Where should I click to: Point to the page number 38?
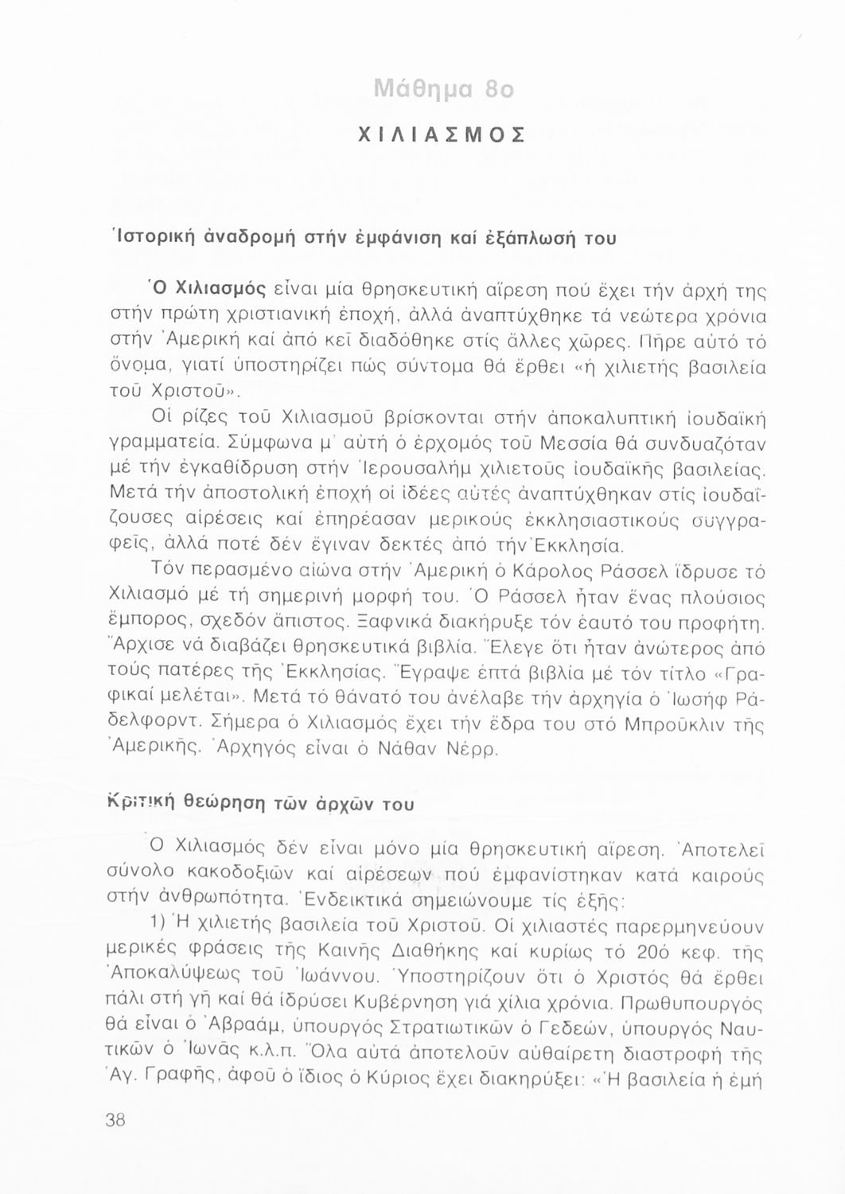point(115,1119)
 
